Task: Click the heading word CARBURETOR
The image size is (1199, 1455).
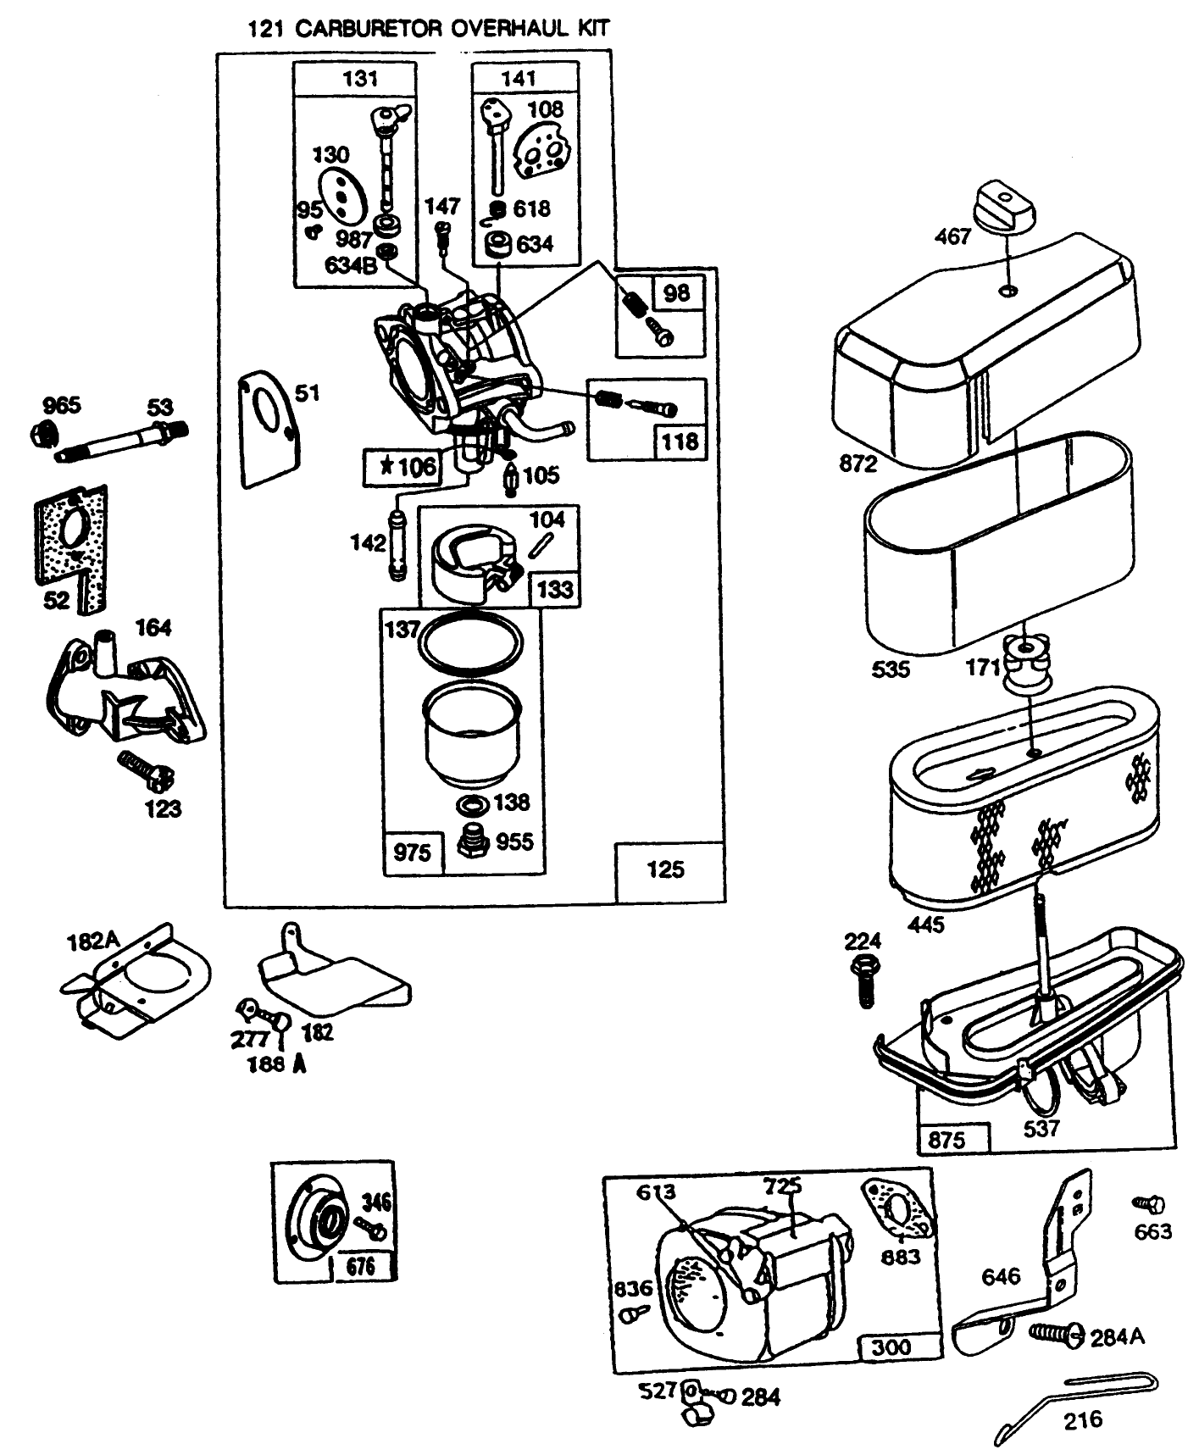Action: coord(368,28)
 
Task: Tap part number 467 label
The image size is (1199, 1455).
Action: coord(952,236)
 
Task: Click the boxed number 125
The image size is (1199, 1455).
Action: coord(666,869)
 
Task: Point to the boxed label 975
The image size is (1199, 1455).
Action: coord(413,852)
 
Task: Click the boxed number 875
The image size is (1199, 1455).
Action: coord(946,1141)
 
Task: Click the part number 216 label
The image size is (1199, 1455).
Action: coord(1083,1419)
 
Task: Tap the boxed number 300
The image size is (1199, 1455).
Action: coord(891,1347)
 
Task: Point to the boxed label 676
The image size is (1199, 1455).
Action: coord(361,1266)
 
